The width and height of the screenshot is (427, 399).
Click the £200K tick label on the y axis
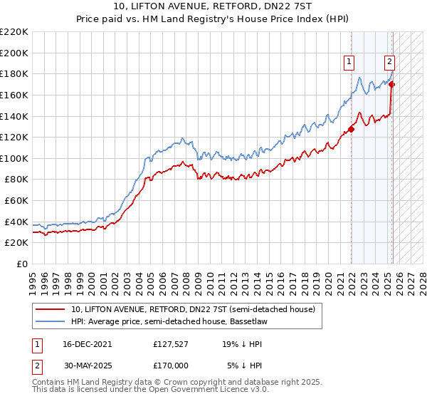(x=14, y=53)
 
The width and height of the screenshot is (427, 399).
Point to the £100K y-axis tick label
(x=14, y=158)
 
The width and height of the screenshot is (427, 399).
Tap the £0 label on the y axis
(x=21, y=264)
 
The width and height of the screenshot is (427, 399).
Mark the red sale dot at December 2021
(x=352, y=130)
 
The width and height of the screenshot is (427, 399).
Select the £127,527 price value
(x=171, y=343)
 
